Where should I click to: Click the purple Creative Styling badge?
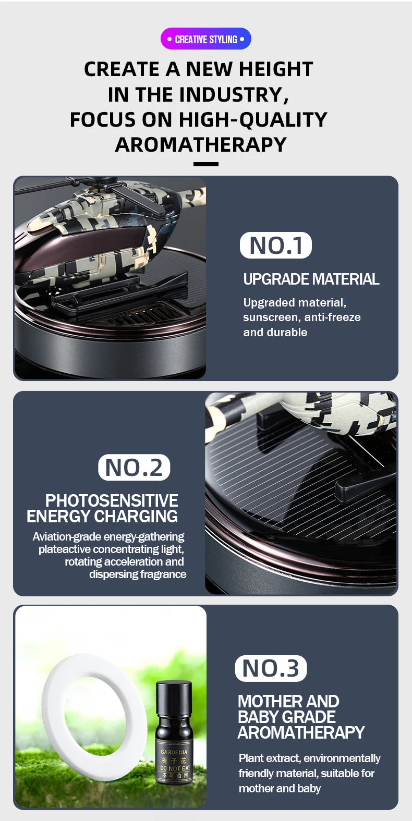(x=205, y=39)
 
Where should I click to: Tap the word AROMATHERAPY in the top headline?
(x=201, y=145)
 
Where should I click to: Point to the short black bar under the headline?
(x=205, y=164)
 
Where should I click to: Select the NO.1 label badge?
(x=275, y=246)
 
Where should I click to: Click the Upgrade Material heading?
(x=311, y=279)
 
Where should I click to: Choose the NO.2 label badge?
(x=134, y=468)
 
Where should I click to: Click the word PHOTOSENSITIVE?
(x=112, y=501)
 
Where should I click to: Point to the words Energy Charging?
(x=102, y=517)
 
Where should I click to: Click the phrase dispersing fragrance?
(x=138, y=574)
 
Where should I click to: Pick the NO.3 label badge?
(x=271, y=668)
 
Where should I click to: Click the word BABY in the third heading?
(x=260, y=717)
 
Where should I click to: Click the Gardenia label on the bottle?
(x=174, y=752)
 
